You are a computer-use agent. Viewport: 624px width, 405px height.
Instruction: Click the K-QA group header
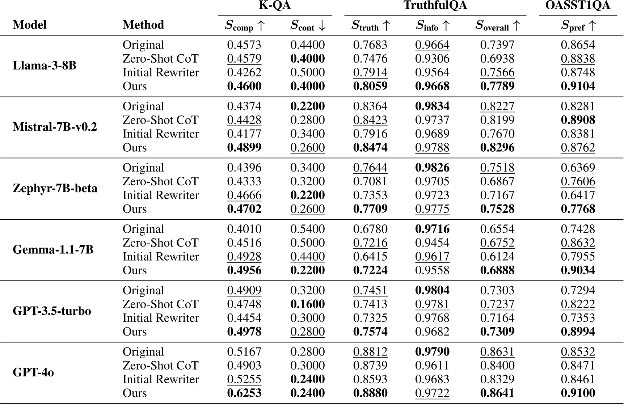275,5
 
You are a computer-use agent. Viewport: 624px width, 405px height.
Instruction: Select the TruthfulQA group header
435,5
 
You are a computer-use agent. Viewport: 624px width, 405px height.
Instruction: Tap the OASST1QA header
578,5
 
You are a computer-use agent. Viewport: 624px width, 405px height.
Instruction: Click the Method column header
143,25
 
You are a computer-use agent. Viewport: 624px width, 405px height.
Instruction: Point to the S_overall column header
497,25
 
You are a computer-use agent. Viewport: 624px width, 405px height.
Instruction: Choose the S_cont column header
308,25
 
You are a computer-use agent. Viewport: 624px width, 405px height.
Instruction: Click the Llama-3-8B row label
45,66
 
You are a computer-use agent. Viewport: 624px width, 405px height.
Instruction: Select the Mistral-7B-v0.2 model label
55,127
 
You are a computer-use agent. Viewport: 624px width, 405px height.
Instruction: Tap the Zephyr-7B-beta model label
55,188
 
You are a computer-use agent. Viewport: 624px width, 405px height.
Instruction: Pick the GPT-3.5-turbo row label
52,311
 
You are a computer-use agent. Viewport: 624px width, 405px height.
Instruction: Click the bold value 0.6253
244,393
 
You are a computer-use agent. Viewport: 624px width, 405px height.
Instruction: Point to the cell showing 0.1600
308,304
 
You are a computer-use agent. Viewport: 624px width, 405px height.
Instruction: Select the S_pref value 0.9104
578,86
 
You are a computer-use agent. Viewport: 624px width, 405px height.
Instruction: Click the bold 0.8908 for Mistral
578,120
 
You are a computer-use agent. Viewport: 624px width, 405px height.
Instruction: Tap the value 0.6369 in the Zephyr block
578,168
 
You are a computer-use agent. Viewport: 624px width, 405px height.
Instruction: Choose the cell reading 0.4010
244,229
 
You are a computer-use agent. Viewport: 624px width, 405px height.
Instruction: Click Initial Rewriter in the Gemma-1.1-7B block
161,257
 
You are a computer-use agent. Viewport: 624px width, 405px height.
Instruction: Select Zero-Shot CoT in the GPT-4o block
161,366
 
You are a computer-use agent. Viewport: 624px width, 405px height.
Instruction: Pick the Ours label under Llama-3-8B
135,86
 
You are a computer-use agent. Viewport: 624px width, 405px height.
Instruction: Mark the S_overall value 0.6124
497,257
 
